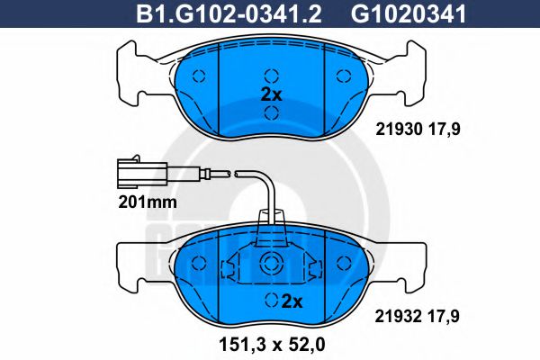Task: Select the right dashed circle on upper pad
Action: pos(343,75)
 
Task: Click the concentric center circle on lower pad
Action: pos(271,263)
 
